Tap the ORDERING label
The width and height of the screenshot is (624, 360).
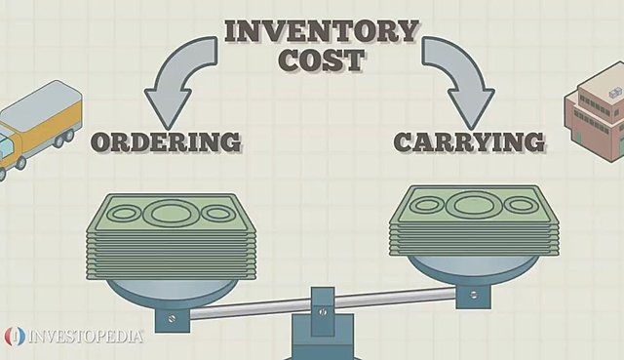tap(166, 141)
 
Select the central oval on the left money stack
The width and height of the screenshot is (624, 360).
tap(170, 211)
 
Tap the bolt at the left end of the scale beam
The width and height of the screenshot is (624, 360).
tap(173, 318)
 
